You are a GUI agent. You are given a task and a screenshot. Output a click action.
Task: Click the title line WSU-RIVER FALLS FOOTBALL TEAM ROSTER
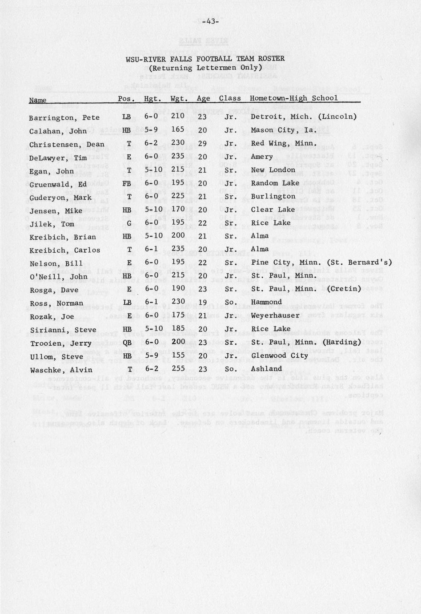pos(205,59)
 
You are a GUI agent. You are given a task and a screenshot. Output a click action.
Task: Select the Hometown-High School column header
pos(293,98)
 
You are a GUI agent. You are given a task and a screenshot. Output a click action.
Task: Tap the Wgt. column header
pos(179,99)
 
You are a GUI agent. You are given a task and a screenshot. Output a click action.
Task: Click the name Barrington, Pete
pos(64,118)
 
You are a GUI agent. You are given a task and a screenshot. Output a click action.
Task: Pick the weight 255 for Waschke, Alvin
pos(178,369)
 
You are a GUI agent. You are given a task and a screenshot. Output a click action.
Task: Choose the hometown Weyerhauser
pos(275,315)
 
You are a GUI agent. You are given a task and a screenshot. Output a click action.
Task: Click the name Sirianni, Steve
pos(63,330)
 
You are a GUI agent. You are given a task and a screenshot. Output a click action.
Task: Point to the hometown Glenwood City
pos(279,355)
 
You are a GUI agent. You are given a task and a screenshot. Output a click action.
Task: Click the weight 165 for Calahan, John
pos(178,130)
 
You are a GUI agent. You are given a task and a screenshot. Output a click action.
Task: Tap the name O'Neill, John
pos(58,277)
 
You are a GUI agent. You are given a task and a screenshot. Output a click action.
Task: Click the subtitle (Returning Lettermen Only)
pos(205,68)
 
